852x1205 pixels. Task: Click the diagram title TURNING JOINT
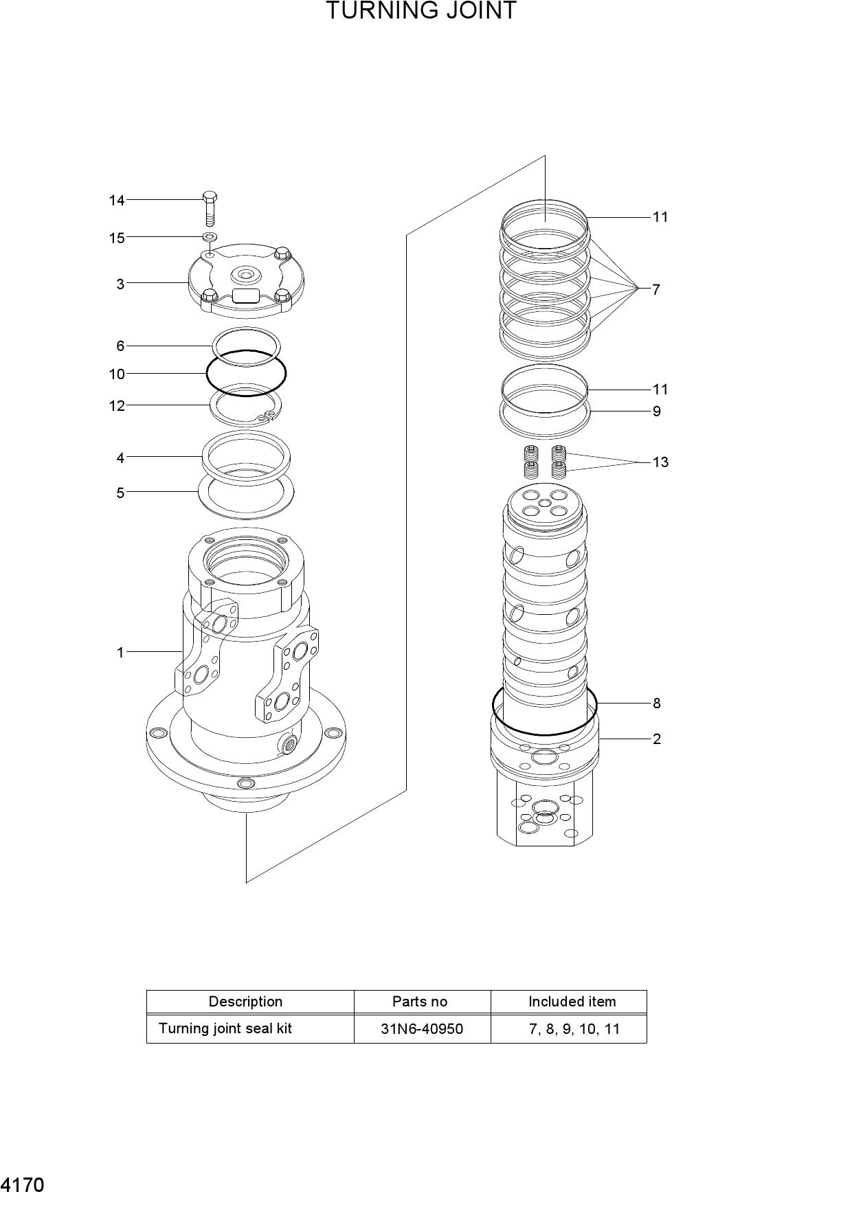(x=421, y=11)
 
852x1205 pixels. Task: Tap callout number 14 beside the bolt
(x=117, y=201)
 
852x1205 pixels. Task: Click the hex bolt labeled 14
(x=210, y=209)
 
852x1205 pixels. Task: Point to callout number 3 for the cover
(x=120, y=284)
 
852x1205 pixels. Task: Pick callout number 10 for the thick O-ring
(x=117, y=374)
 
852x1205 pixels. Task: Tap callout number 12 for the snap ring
(x=117, y=405)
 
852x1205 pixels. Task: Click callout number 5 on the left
(x=120, y=493)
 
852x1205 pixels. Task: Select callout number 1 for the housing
(x=120, y=652)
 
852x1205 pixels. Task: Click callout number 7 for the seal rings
(x=656, y=289)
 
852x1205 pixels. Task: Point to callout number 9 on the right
(x=657, y=411)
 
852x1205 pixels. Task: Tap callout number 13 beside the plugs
(x=660, y=462)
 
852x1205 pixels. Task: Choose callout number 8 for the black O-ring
(x=657, y=703)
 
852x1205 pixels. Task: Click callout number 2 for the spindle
(x=657, y=739)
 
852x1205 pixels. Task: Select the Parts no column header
(x=420, y=1002)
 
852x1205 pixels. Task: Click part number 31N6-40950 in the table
(x=422, y=1029)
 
